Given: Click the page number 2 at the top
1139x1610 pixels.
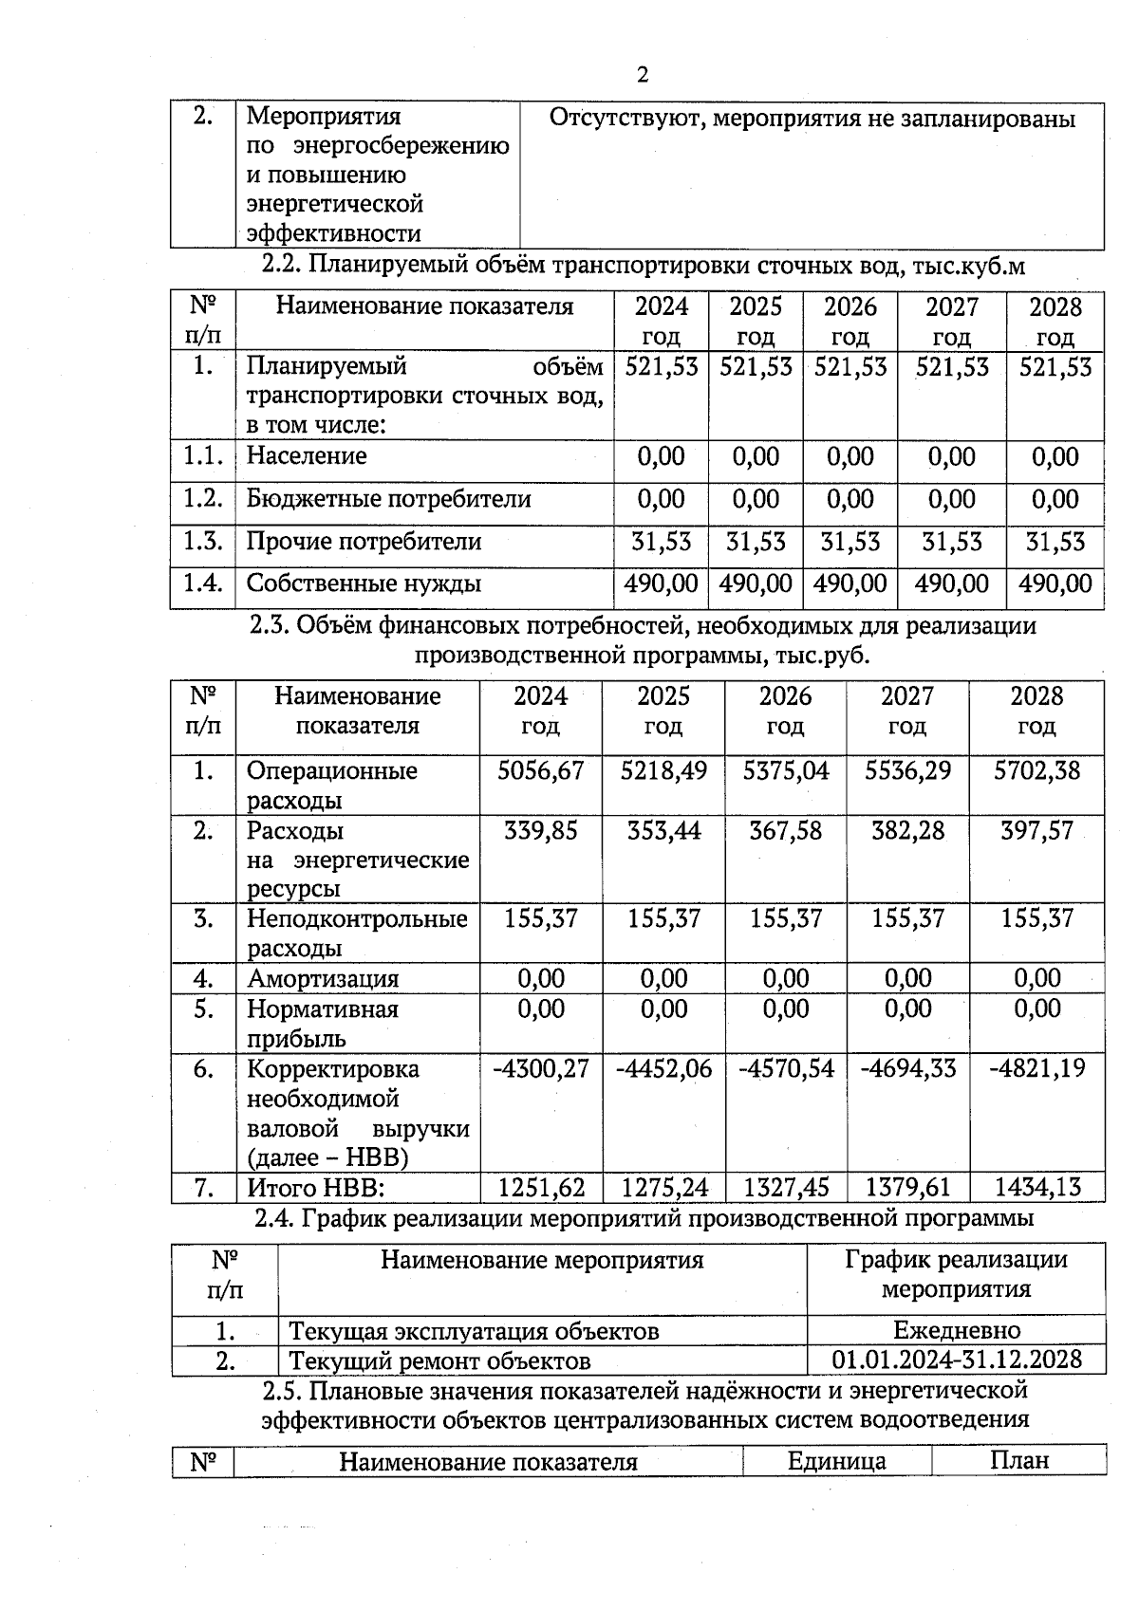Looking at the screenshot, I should tap(643, 76).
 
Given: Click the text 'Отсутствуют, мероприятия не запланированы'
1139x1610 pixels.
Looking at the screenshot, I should tap(812, 120).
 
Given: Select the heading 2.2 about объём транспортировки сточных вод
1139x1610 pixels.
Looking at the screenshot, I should tap(644, 267).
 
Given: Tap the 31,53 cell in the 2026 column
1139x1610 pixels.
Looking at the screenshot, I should tap(850, 542).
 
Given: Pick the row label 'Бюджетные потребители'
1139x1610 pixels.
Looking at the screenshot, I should tap(388, 499).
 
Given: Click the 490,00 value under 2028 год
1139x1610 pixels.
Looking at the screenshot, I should tap(1055, 583).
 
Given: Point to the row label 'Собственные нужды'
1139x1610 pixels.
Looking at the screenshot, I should tap(364, 583).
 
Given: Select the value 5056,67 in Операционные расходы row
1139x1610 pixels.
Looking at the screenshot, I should tap(540, 770).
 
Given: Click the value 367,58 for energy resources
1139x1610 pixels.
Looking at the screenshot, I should tap(785, 831).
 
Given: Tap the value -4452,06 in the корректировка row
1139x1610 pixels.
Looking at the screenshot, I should tap(663, 1069).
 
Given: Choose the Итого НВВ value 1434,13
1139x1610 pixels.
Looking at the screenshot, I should tap(1036, 1187).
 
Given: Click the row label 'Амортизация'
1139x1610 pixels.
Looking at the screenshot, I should tap(323, 978).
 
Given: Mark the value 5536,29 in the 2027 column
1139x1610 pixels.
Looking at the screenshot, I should tap(907, 770).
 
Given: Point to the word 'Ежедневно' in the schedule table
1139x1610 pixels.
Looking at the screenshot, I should tap(957, 1330).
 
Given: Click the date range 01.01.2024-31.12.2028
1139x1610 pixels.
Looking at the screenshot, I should tap(957, 1360).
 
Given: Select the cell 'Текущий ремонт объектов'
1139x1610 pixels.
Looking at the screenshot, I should tap(439, 1361).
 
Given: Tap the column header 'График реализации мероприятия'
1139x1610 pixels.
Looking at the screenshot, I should tap(956, 1274).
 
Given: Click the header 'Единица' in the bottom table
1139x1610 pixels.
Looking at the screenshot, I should tap(836, 1461).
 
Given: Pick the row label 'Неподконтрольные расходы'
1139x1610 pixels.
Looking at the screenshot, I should tap(357, 934).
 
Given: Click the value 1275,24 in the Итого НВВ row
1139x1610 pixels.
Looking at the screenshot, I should tap(663, 1187).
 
